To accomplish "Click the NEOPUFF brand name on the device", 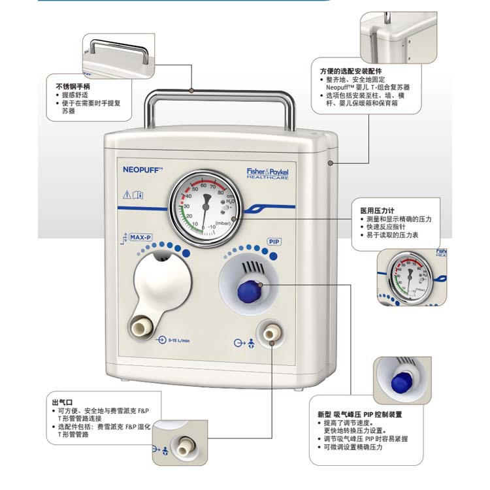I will click(x=142, y=169).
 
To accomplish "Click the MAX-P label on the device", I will click(x=140, y=238).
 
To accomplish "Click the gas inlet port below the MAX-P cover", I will click(x=140, y=325).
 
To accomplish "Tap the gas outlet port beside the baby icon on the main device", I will click(x=269, y=334).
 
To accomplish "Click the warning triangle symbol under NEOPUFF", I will click(x=127, y=194).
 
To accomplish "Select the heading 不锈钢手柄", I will click(x=73, y=86).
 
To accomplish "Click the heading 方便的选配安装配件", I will click(x=351, y=71).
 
